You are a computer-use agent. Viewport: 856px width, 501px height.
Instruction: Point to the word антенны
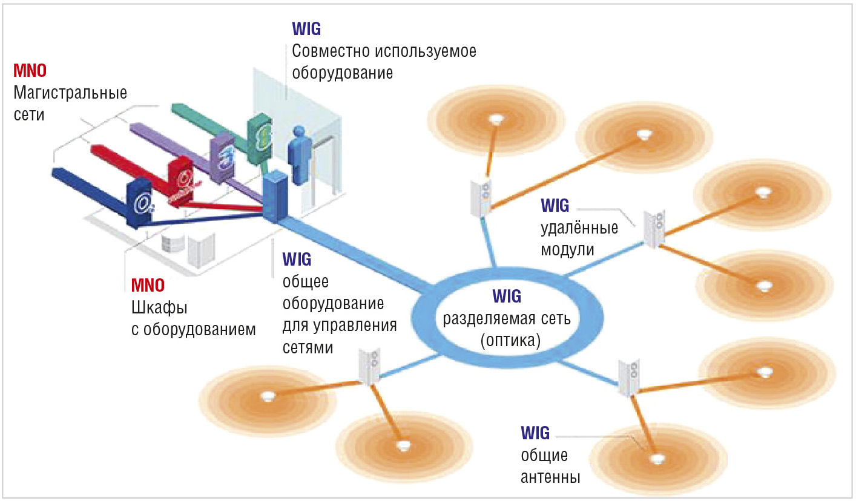point(550,477)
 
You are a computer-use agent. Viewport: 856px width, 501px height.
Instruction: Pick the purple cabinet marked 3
point(222,156)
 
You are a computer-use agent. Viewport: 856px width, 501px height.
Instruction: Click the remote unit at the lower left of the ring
point(369,367)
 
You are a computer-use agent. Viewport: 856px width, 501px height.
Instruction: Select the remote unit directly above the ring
point(482,196)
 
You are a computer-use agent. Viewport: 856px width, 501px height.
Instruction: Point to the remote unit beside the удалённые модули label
point(653,229)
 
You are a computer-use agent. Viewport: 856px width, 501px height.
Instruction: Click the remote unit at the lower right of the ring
point(628,377)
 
